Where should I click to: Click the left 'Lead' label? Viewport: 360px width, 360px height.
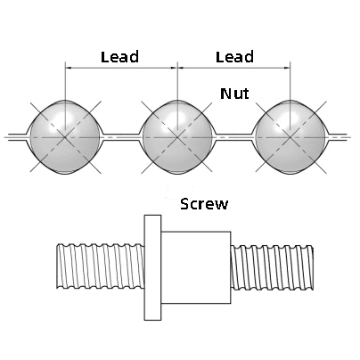pos(119,57)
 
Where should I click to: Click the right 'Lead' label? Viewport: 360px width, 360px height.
pos(234,57)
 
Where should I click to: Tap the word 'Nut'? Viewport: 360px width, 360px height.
pos(234,94)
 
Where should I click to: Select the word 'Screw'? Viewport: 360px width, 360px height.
pos(204,204)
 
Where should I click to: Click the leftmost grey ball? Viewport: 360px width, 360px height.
pos(65,137)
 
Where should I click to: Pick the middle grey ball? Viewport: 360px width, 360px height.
pos(177,137)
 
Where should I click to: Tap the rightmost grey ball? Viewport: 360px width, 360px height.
pos(290,137)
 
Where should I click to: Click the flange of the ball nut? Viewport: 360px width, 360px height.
pos(152,267)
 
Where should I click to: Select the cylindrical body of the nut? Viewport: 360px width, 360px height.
pos(196,267)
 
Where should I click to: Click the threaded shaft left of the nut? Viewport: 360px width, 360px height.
pos(101,266)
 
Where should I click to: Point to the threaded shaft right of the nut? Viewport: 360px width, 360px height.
pos(272,267)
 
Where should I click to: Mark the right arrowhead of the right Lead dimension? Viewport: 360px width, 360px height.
pos(287,68)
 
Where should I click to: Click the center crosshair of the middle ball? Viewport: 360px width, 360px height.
pos(177,137)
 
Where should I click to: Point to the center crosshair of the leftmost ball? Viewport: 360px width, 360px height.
pos(65,137)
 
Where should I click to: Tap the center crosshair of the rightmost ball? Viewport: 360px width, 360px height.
pos(290,137)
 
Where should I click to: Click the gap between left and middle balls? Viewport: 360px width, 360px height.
pos(121,137)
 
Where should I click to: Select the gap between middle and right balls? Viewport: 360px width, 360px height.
pos(233,137)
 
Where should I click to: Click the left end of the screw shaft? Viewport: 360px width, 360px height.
pos(57,266)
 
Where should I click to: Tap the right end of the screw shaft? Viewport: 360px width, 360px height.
pos(313,267)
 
